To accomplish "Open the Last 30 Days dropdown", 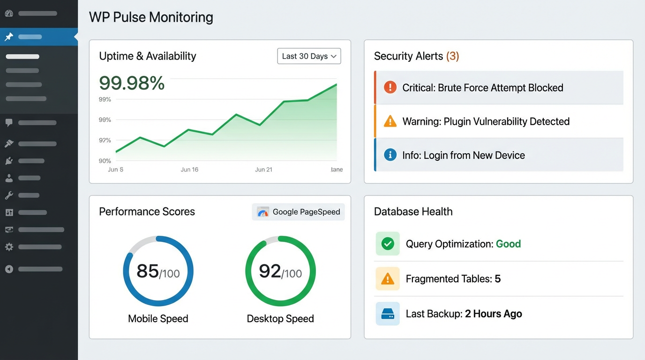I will [309, 56].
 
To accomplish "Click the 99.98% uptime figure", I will [132, 83].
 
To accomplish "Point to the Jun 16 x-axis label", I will [189, 170].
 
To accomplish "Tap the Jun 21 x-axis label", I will [263, 170].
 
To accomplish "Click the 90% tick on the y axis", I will [105, 161].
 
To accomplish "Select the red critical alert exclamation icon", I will [390, 87].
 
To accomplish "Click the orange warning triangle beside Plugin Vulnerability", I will [390, 121].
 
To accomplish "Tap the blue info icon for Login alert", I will [390, 155].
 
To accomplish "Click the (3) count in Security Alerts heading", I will [452, 56].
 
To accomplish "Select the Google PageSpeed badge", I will [298, 212].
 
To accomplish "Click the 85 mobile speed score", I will [148, 271].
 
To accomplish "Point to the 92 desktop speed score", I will [270, 271].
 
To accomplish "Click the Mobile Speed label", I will [158, 319].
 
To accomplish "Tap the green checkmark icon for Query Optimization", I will [388, 244].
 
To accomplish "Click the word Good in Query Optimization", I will [508, 244].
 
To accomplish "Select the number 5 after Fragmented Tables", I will [497, 279].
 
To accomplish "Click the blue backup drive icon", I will [388, 314].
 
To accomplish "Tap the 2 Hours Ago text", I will [493, 314].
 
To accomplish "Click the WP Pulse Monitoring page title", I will [151, 17].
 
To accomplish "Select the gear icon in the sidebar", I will [9, 247].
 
